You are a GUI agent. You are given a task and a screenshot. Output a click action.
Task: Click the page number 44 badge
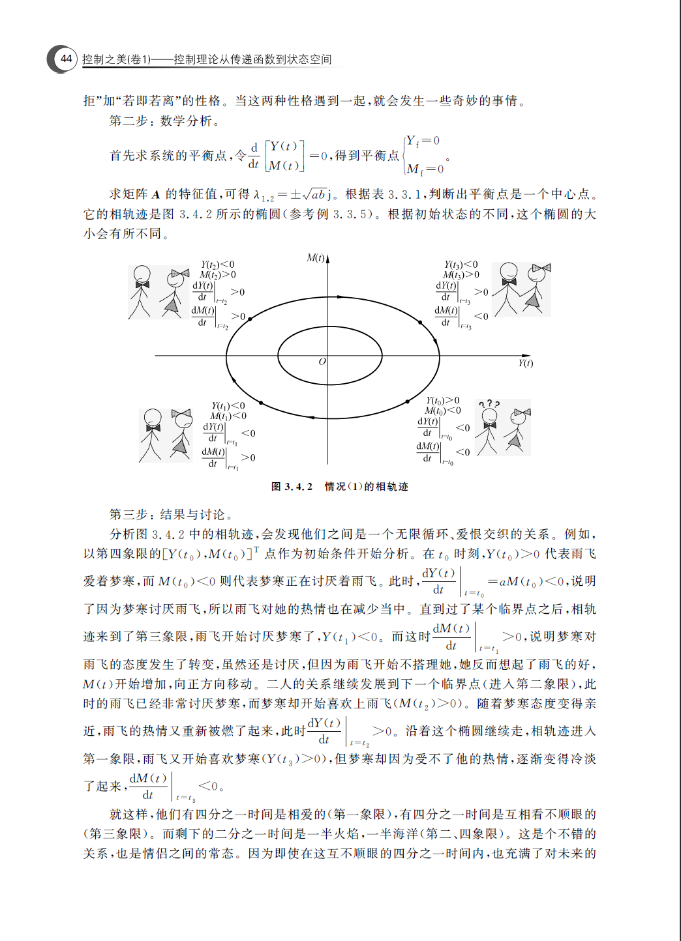click(x=65, y=59)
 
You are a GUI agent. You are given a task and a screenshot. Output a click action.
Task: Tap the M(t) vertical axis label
click(x=316, y=259)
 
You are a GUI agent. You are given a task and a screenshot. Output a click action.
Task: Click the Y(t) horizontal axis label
click(x=525, y=364)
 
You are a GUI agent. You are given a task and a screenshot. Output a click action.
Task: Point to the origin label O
click(x=322, y=362)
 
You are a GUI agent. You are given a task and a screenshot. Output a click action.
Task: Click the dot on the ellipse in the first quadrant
click(x=436, y=340)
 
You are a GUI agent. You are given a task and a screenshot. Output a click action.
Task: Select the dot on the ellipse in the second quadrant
click(x=250, y=319)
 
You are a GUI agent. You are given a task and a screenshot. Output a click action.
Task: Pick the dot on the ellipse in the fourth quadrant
click(x=408, y=401)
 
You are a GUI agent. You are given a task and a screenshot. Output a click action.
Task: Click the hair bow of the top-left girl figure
click(x=179, y=274)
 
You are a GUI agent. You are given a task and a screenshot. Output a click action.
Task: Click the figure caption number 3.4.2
click(x=298, y=487)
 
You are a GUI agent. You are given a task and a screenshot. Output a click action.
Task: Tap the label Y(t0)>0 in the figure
click(x=443, y=401)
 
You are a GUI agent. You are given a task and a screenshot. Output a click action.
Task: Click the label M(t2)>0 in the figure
click(x=218, y=274)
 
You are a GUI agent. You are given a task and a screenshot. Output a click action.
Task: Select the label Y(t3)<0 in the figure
click(x=461, y=265)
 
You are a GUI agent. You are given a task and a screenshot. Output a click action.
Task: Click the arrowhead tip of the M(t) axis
click(x=327, y=257)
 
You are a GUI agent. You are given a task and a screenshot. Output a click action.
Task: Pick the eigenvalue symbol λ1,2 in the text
click(x=264, y=195)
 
